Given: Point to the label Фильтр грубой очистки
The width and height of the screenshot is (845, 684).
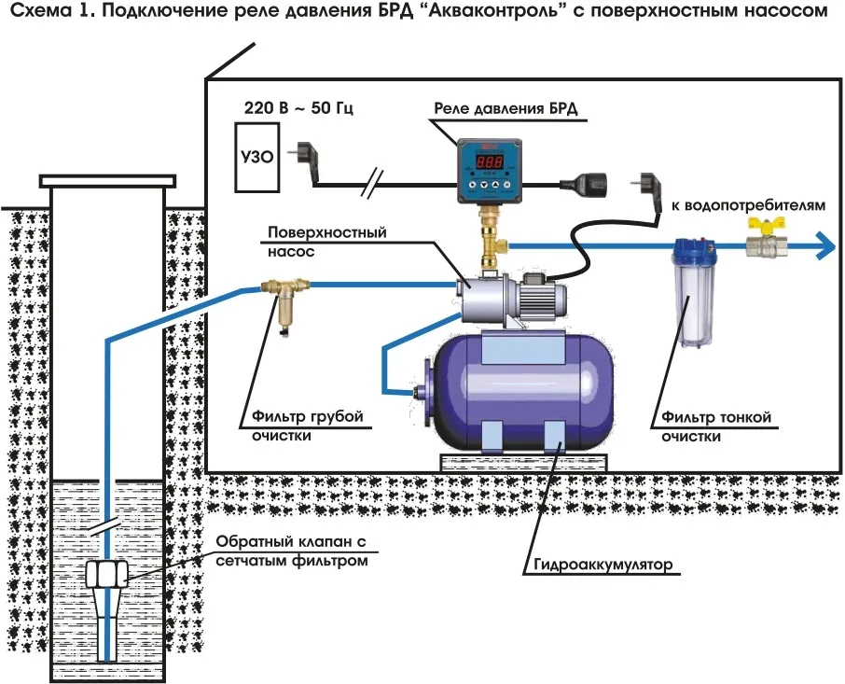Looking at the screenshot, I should point(306,426).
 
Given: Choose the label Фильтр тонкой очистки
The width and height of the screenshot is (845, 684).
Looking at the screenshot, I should point(715,426).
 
